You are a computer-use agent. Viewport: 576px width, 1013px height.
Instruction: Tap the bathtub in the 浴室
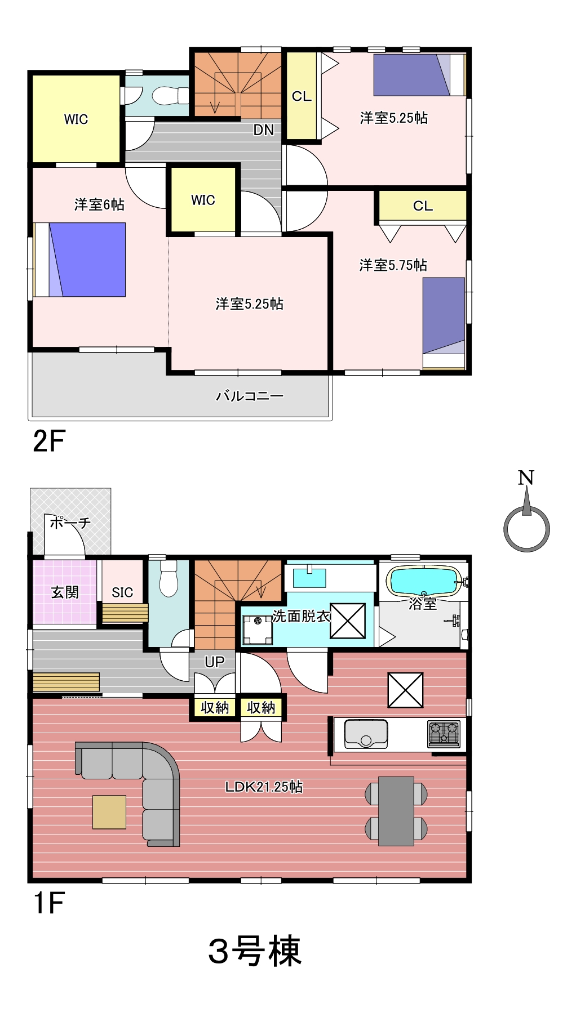pyautogui.click(x=424, y=581)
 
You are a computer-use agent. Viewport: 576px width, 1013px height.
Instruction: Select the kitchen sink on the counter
pyautogui.click(x=366, y=734)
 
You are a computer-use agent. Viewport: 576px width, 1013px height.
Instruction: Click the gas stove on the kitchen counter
pyautogui.click(x=444, y=734)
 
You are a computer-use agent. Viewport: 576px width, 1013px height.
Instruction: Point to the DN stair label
pyautogui.click(x=263, y=130)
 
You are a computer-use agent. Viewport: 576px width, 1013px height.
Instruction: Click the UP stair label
pyautogui.click(x=214, y=662)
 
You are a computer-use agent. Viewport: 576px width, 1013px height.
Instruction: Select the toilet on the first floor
pyautogui.click(x=169, y=578)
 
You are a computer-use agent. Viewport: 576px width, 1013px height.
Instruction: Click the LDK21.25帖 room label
pyautogui.click(x=264, y=787)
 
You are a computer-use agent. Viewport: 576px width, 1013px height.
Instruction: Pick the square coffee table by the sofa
pyautogui.click(x=109, y=812)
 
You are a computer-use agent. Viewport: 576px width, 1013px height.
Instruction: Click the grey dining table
pyautogui.click(x=396, y=811)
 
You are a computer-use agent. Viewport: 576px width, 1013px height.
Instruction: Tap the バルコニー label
pyautogui.click(x=250, y=396)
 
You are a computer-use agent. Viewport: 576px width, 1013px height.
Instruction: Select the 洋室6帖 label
pyautogui.click(x=99, y=204)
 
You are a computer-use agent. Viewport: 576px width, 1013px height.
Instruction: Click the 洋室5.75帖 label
pyautogui.click(x=393, y=265)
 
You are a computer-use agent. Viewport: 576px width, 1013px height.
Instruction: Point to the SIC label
pyautogui.click(x=122, y=592)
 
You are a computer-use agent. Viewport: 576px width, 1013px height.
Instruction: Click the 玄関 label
pyautogui.click(x=65, y=592)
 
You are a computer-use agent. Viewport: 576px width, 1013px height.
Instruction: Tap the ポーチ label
pyautogui.click(x=70, y=523)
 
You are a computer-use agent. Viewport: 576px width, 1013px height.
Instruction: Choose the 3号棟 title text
pyautogui.click(x=255, y=951)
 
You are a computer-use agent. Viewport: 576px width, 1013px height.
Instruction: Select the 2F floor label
pyautogui.click(x=49, y=441)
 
